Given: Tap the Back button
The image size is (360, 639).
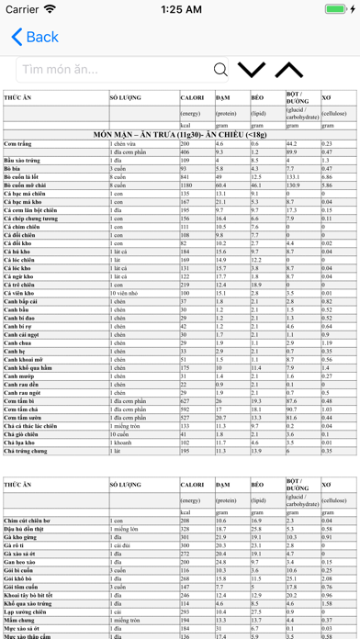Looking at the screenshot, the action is [35, 37].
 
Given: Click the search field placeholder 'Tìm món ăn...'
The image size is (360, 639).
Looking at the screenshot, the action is [61, 70].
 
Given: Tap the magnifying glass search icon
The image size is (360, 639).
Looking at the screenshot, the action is [220, 70].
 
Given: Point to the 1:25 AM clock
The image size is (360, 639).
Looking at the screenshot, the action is [180, 9].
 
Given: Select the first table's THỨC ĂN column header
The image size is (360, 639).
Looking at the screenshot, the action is [18, 96].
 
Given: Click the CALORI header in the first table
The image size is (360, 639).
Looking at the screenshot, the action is [192, 96].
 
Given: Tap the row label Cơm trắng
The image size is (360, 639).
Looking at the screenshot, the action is [17, 144].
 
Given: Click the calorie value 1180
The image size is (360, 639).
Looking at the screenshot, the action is [187, 185].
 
